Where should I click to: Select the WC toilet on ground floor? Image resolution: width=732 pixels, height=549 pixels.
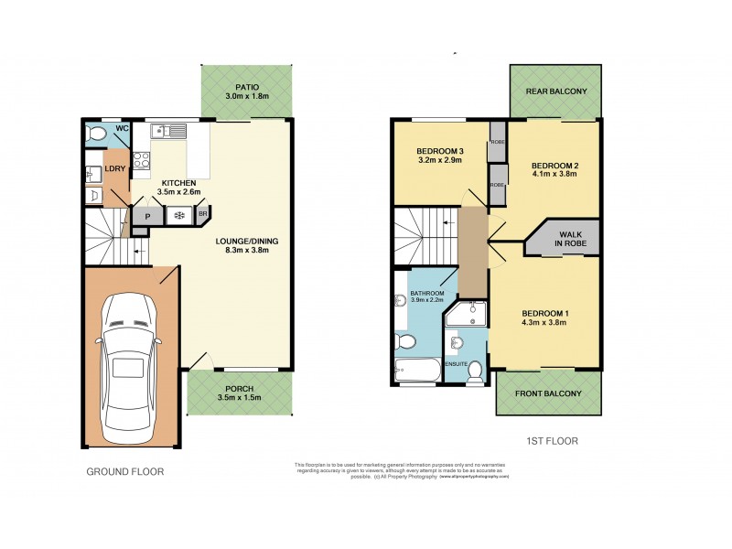pos(96,135)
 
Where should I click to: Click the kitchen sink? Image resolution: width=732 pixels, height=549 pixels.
pos(170,131)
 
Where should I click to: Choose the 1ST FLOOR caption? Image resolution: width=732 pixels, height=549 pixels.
pos(552,441)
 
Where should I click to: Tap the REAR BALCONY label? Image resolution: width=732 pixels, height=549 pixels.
pos(555,91)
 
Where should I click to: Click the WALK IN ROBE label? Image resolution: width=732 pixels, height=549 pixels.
pos(575,240)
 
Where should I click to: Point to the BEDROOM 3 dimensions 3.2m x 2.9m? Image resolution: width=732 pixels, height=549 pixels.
pos(439,160)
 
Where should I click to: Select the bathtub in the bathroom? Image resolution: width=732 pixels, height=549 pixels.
pos(417,371)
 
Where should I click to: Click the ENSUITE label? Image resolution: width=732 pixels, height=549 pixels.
pos(457,365)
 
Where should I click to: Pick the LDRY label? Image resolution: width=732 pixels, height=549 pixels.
pos(114,169)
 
